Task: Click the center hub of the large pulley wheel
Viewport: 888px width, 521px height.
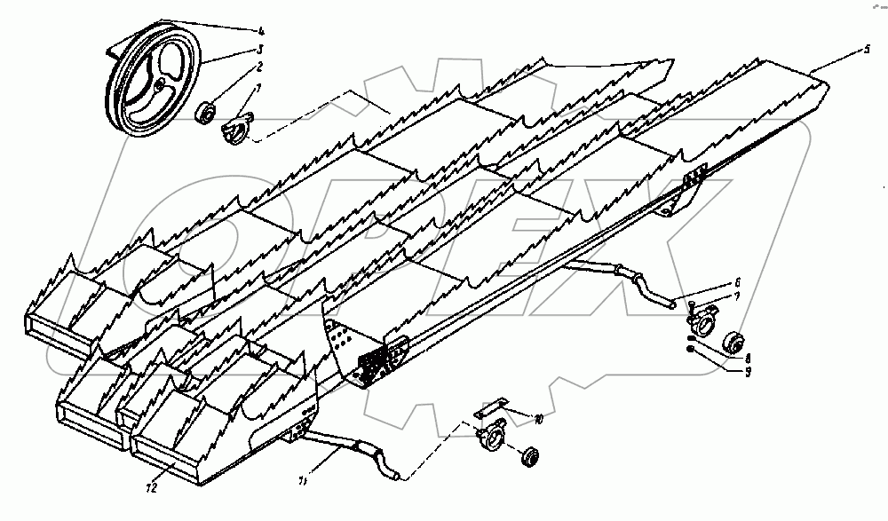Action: [x=157, y=84]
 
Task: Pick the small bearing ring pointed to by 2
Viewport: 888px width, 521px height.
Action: [x=205, y=113]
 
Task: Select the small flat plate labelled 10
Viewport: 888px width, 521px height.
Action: [x=489, y=410]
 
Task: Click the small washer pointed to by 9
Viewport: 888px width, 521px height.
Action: [x=691, y=350]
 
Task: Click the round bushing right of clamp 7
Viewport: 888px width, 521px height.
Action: [x=735, y=342]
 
